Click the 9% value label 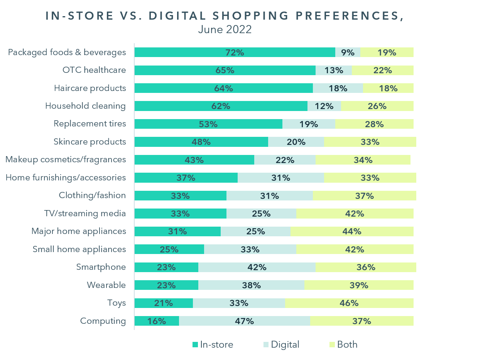tap(348, 52)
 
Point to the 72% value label tap(235, 52)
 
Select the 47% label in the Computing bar tap(245, 321)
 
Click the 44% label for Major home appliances tap(352, 231)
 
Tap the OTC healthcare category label tap(94, 70)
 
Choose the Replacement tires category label tap(90, 124)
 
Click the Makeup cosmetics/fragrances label tap(66, 160)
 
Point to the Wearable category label tap(106, 285)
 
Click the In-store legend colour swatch tap(195, 345)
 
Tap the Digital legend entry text tap(285, 345)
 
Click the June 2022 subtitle tap(225, 29)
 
